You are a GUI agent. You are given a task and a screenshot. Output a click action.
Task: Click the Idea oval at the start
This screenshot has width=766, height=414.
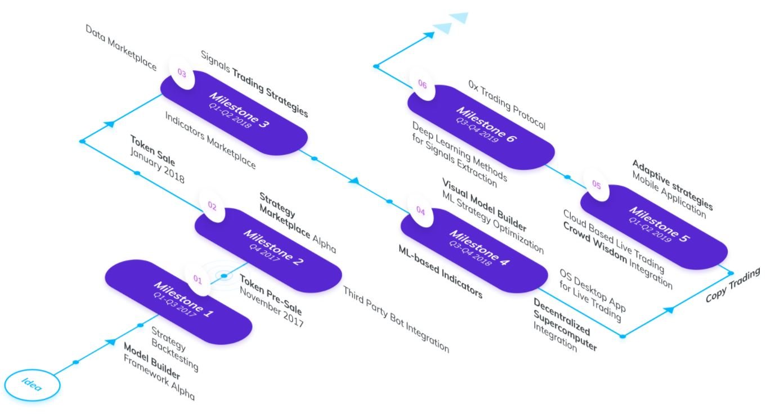(32, 385)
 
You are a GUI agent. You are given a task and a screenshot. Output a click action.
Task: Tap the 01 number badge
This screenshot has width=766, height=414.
(198, 280)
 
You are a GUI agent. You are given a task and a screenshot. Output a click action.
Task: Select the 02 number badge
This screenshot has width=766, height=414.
(212, 206)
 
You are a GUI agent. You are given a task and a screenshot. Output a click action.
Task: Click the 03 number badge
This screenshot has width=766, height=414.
(182, 73)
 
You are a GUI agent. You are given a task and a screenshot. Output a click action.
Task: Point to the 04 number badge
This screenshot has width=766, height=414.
(420, 211)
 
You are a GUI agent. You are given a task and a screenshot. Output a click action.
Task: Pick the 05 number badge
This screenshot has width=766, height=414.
(597, 184)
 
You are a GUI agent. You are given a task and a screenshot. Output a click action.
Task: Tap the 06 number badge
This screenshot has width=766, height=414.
(423, 84)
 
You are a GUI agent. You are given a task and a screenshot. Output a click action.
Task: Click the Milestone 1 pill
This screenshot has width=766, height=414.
(178, 302)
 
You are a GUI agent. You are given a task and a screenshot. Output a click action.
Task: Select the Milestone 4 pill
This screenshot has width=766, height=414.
(474, 251)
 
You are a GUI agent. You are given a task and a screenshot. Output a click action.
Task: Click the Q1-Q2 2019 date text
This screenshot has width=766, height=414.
(649, 229)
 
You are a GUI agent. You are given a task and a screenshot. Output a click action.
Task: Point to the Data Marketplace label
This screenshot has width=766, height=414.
(121, 47)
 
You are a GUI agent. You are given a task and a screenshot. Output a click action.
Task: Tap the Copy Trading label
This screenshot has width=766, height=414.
(732, 285)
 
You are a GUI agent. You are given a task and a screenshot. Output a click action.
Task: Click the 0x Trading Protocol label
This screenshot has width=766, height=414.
(507, 105)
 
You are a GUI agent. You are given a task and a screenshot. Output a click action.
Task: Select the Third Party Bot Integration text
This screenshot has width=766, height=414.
(396, 319)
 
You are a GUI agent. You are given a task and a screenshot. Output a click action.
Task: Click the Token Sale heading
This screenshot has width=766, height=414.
(153, 150)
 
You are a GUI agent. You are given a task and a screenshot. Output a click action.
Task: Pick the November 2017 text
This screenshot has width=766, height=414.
(271, 307)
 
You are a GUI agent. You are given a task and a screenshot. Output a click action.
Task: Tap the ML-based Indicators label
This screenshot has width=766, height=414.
(441, 272)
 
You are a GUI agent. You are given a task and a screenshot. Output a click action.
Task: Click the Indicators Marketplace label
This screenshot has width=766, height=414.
(210, 140)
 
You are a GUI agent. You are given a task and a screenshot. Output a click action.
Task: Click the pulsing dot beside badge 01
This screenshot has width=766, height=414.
(224, 275)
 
